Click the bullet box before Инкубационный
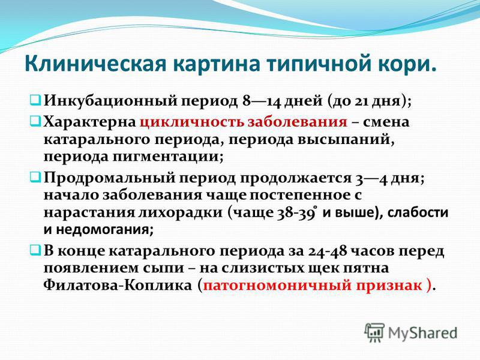click(x=34, y=100)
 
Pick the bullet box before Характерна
click(x=34, y=122)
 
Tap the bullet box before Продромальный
click(x=34, y=177)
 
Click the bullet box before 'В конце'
click(x=34, y=251)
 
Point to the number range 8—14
click(x=262, y=101)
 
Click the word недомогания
click(x=105, y=229)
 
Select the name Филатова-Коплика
click(x=117, y=286)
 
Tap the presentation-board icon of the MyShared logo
click(x=374, y=332)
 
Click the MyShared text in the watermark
click(x=422, y=333)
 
